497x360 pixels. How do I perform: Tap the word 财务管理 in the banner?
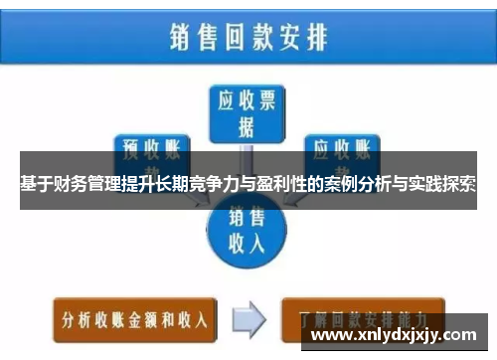point(88,184)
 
